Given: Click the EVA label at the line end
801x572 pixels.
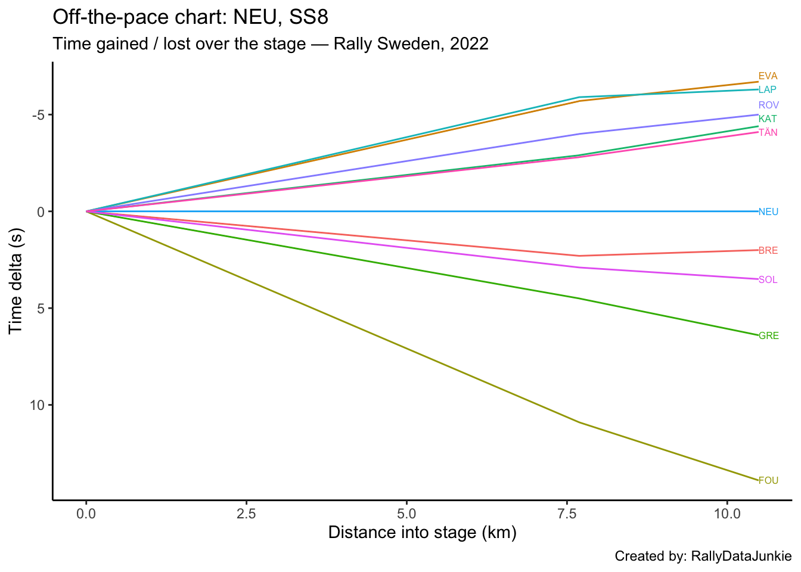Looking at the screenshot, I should click(x=768, y=76).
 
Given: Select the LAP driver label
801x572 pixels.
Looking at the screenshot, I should click(x=768, y=90).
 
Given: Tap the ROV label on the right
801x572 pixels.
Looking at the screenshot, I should click(x=768, y=105).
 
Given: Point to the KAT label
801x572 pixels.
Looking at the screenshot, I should click(x=768, y=119).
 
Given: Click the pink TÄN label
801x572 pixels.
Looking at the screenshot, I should click(x=768, y=132).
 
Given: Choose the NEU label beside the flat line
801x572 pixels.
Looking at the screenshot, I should click(x=768, y=212).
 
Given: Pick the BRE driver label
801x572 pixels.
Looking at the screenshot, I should click(x=768, y=251).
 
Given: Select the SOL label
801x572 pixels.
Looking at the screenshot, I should click(x=768, y=280).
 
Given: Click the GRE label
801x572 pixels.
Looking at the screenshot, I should click(x=768, y=336).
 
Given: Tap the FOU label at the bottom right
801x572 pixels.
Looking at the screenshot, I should click(x=768, y=481).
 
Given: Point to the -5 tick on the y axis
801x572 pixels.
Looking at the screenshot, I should click(x=38, y=115).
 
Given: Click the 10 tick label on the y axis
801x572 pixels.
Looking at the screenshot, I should click(x=36, y=405).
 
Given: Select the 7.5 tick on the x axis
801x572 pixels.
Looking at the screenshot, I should click(x=567, y=513).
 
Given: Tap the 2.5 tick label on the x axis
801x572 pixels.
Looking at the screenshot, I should click(x=246, y=513).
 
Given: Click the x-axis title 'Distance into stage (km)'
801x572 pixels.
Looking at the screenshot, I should click(x=422, y=533).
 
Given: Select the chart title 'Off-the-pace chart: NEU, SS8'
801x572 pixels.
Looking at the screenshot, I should click(x=190, y=17).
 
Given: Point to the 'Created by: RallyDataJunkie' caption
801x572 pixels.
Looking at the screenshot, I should click(x=703, y=557).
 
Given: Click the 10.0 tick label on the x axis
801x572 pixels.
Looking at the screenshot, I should click(x=727, y=513).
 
